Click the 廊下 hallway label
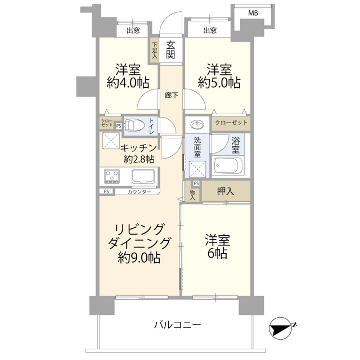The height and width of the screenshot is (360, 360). coord(172,95)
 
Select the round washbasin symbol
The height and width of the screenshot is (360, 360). coord(197,125)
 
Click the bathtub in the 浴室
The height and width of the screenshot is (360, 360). coord(228,166)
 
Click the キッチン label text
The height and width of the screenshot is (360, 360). coord(137,148)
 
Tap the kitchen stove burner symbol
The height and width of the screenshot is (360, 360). coord(112,176)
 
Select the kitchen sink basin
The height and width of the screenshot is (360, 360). coord(143,176)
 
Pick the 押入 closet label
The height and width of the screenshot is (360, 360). coord(226,191)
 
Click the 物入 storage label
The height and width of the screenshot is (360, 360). coord(192,194)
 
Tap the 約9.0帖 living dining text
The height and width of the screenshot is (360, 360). coord(139,258)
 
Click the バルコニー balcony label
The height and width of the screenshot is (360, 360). coord(177,325)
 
